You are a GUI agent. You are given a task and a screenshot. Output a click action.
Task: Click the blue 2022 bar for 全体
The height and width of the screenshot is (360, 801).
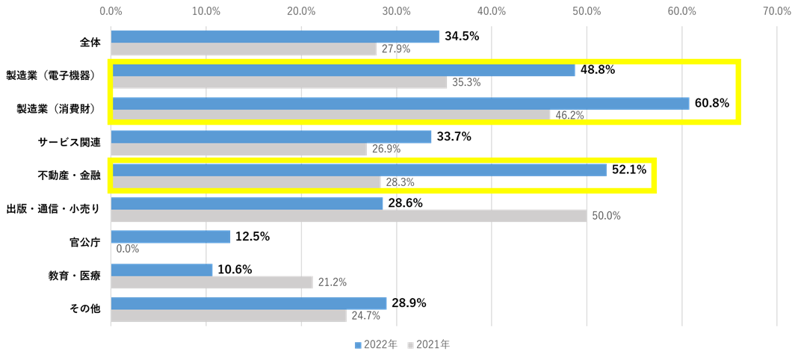click(275, 37)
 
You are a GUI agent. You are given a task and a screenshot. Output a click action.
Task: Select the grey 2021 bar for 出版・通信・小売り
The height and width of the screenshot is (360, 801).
click(348, 216)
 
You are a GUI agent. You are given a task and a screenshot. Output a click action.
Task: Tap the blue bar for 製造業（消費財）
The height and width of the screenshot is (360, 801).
click(400, 103)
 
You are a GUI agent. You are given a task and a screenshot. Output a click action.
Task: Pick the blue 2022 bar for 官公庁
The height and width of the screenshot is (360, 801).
click(170, 237)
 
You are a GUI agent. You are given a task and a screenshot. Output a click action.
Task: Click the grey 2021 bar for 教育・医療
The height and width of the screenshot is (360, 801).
click(211, 282)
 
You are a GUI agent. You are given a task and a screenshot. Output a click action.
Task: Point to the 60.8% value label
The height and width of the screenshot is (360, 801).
click(711, 103)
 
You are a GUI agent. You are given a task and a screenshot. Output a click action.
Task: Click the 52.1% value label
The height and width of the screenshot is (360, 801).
click(629, 170)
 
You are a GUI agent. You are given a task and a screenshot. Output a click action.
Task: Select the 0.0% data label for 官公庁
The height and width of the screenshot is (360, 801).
click(128, 249)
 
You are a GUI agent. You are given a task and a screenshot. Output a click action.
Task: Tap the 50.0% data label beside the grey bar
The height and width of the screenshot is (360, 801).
click(606, 216)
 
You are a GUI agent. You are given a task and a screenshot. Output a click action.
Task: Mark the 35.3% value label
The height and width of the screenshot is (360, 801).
click(466, 83)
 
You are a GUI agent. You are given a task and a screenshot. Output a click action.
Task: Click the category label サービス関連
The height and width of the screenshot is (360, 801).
click(69, 142)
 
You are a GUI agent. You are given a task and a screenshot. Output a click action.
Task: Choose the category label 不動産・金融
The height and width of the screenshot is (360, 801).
click(69, 176)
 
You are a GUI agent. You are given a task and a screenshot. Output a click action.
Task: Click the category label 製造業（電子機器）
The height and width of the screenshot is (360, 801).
click(51, 75)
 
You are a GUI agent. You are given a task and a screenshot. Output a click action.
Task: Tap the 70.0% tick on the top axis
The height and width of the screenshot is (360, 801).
click(777, 11)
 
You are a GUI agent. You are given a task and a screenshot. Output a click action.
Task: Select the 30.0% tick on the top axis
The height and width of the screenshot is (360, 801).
click(396, 11)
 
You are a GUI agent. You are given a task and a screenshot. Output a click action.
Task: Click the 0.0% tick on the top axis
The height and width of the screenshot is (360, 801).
click(111, 11)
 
